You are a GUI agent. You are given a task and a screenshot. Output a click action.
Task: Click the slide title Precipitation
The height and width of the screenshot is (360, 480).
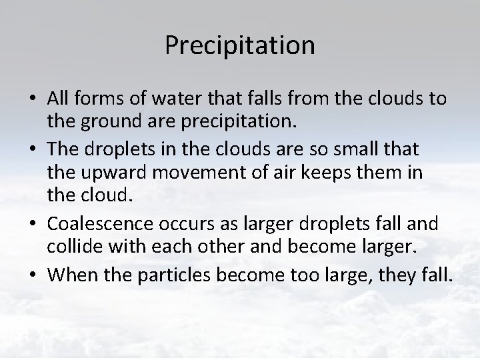(240, 45)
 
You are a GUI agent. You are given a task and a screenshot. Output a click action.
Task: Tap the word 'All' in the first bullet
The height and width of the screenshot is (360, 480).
(58, 98)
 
